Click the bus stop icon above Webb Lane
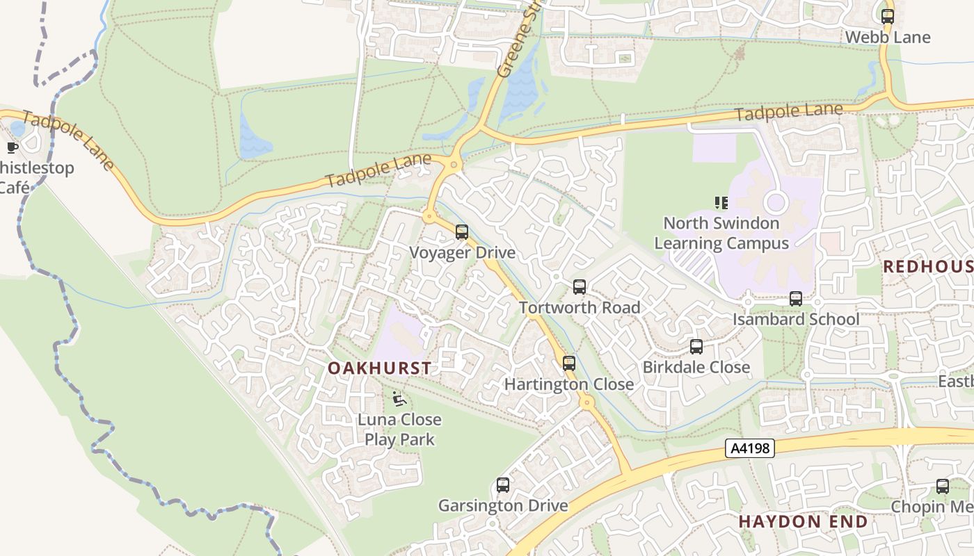pyautogui.click(x=887, y=16)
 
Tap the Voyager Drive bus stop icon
pyautogui.click(x=461, y=232)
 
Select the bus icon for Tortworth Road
pyautogui.click(x=579, y=286)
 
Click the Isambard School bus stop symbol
pyautogui.click(x=795, y=299)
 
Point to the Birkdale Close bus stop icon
pyautogui.click(x=696, y=346)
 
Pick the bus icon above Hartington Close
pyautogui.click(x=568, y=363)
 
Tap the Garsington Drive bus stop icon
pyautogui.click(x=502, y=484)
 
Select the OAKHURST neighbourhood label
pyautogui.click(x=379, y=368)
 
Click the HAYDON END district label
pyautogui.click(x=803, y=521)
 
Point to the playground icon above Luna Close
pyautogui.click(x=399, y=399)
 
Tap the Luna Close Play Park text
pyautogui.click(x=399, y=430)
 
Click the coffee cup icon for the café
pyautogui.click(x=12, y=147)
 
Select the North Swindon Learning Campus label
pyautogui.click(x=721, y=233)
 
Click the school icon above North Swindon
pyautogui.click(x=721, y=203)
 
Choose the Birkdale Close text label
pyautogui.click(x=696, y=367)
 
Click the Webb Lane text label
pyautogui.click(x=888, y=37)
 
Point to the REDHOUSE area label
pyautogui.click(x=928, y=266)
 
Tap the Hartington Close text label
pyautogui.click(x=568, y=384)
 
